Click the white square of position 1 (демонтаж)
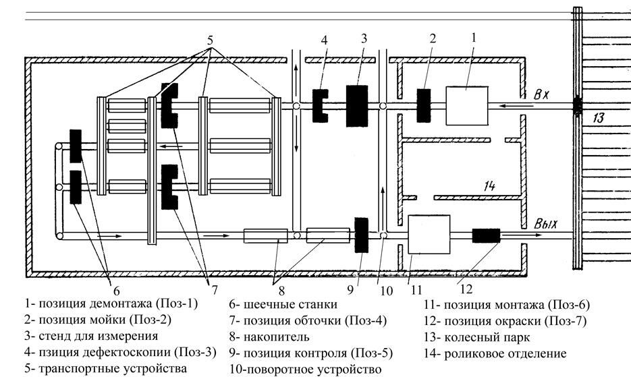click(x=466, y=105)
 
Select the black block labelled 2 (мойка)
click(x=423, y=105)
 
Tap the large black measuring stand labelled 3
click(x=356, y=106)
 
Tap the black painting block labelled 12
click(x=485, y=235)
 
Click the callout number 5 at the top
click(x=211, y=40)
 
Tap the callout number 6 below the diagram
click(x=116, y=291)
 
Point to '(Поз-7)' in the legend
click(x=566, y=321)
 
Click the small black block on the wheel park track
click(x=577, y=106)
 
